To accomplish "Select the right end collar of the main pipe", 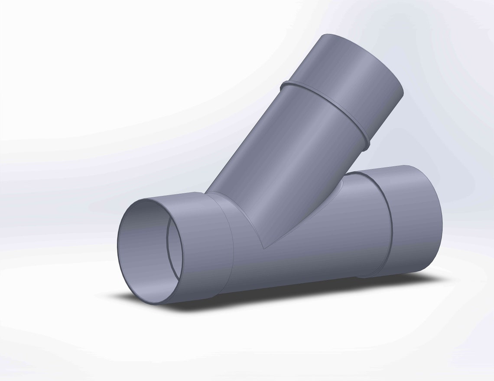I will pos(416,221).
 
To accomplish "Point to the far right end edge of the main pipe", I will pos(442,216).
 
